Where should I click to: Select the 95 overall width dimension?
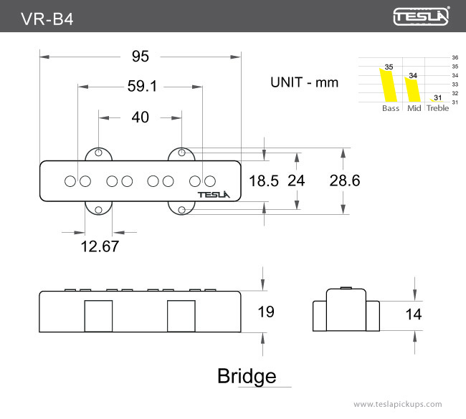click(141, 56)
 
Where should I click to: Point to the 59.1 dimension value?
click(142, 87)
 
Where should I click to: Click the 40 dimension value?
click(141, 117)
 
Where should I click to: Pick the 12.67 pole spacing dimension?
click(100, 246)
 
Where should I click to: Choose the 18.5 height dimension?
click(263, 181)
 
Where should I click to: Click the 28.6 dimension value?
click(344, 181)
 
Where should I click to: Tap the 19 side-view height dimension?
click(265, 312)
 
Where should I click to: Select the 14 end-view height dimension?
click(414, 314)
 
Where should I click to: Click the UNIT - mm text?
click(304, 82)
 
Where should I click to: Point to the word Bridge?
click(247, 376)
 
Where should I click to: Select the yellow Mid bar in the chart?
click(412, 89)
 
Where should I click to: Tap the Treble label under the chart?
click(437, 108)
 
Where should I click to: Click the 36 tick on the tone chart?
click(455, 57)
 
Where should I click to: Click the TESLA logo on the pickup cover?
click(213, 193)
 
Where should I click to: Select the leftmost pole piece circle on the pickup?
click(70, 180)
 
